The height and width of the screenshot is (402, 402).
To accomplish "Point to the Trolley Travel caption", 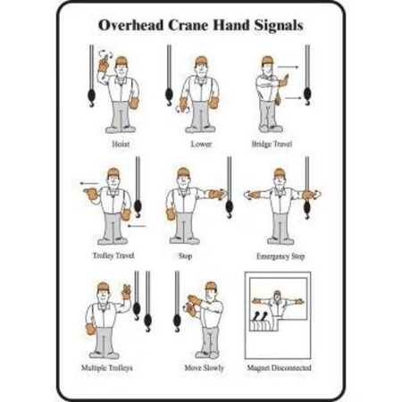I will pos(112,256).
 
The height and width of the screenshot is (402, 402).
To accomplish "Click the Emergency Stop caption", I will pos(281,256).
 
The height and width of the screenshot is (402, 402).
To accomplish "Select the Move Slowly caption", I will pos(204,368).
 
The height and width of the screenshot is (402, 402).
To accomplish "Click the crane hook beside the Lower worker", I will pos(168,89).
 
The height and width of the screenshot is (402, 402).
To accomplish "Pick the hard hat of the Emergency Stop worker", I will pos(280,172).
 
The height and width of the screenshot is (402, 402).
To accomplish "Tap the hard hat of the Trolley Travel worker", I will pos(113,172).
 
